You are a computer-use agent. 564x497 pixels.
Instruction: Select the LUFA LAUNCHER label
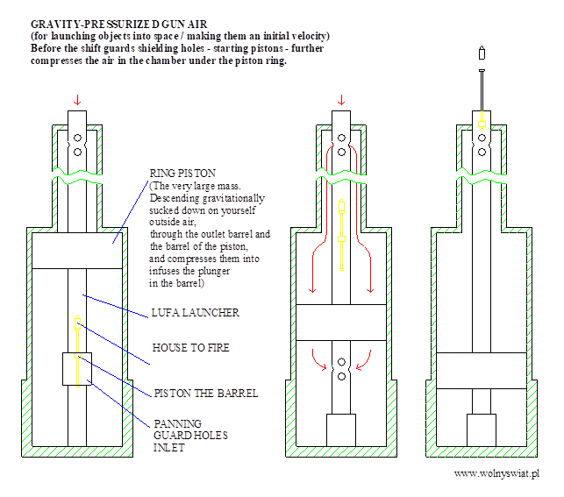click(196, 312)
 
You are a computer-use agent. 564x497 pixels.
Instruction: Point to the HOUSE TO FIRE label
click(191, 347)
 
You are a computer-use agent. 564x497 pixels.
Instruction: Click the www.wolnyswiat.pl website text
click(496, 473)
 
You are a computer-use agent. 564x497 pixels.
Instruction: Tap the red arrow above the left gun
click(77, 99)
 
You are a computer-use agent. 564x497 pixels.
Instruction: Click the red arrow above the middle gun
click(341, 99)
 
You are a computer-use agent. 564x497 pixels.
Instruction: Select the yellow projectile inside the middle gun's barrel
click(341, 237)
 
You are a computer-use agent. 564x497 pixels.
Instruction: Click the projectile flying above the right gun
click(482, 53)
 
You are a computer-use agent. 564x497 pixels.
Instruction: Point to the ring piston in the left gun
click(77, 251)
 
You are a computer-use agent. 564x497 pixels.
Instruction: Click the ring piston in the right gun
click(482, 365)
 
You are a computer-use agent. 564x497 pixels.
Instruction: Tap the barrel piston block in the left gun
click(77, 369)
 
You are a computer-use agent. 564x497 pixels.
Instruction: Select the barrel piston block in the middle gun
click(341, 430)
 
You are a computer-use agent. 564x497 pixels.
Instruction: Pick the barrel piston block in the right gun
click(482, 430)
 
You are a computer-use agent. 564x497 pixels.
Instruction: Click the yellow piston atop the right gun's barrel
click(482, 118)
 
